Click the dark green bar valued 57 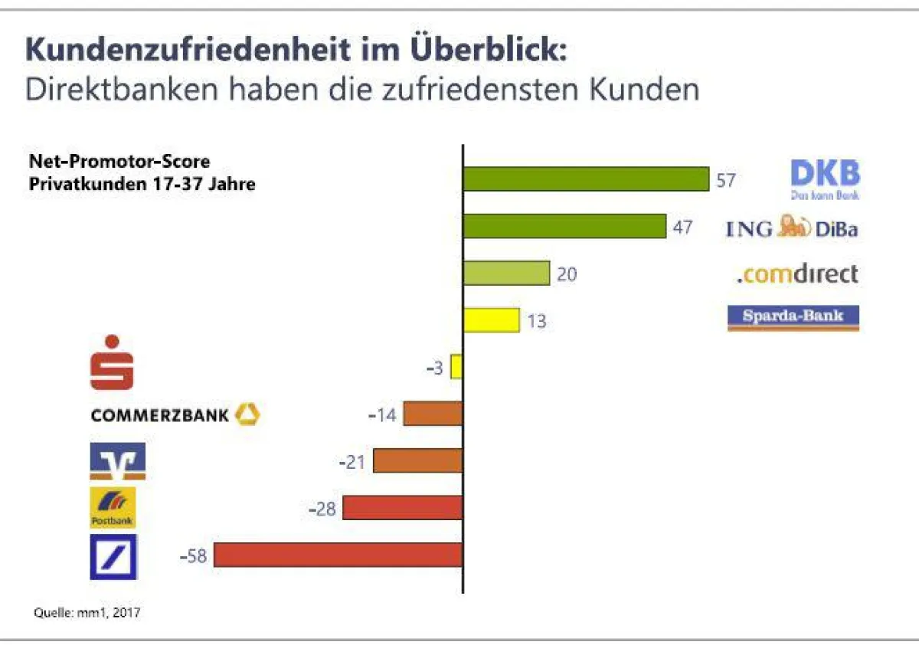pos(586,178)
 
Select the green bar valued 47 pos(564,226)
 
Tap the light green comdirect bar pos(506,273)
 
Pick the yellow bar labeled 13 pos(492,319)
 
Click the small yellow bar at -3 pos(456,366)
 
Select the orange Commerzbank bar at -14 pos(433,414)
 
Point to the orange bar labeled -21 pos(418,460)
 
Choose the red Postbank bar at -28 pos(403,507)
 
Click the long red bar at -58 pos(338,555)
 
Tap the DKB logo pos(825,178)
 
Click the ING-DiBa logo pos(792,227)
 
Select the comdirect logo pos(797,273)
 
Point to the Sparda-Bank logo pos(793,317)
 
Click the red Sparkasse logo pos(112,362)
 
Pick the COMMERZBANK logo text pos(160,415)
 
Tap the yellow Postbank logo pos(113,507)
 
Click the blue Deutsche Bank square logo pos(113,556)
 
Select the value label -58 pos(194,556)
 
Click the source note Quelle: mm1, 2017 pos(87,613)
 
